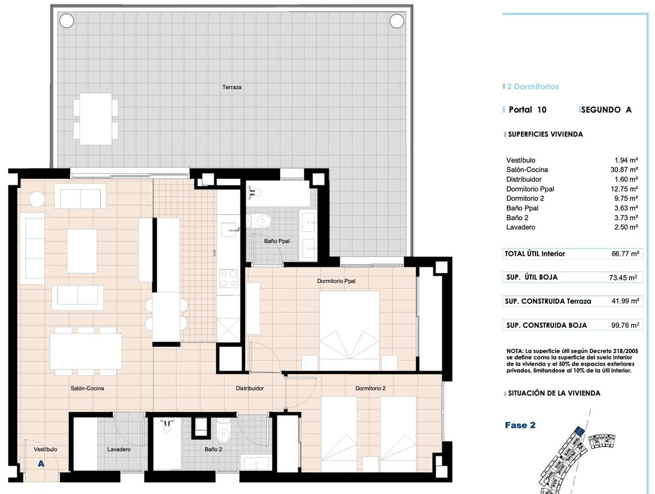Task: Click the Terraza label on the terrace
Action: point(231,87)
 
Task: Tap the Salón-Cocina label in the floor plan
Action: point(87,389)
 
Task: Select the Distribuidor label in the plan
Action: point(249,389)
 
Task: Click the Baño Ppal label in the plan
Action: point(277,241)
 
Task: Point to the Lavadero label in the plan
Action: point(119,449)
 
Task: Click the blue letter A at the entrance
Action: point(41,463)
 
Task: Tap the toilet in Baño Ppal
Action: point(259,221)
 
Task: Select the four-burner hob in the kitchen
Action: point(228,279)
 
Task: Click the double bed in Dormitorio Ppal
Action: point(349,331)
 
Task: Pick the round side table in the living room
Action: point(37,199)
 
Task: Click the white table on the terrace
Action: point(96,119)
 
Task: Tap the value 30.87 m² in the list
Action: point(624,169)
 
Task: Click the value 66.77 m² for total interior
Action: point(625,254)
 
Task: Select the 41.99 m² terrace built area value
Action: point(625,301)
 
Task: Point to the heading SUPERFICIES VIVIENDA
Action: point(545,134)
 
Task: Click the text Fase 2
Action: point(520,425)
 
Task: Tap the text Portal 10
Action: point(527,110)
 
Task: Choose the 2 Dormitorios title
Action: point(533,87)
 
